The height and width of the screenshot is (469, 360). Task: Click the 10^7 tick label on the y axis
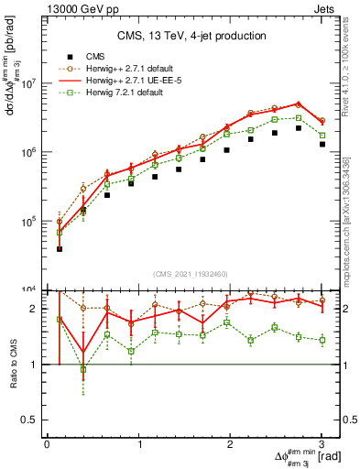pos(26,83)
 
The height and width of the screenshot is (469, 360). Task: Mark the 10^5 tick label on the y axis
pos(26,222)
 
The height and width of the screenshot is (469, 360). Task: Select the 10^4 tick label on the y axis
pos(26,290)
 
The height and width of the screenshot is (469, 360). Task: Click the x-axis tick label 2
pos(230,443)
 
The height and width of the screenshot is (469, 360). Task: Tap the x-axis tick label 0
pos(47,443)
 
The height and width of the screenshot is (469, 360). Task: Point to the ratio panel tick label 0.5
pos(30,420)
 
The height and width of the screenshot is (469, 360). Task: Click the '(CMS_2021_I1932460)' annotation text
pos(190,276)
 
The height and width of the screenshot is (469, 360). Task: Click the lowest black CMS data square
pos(60,248)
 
